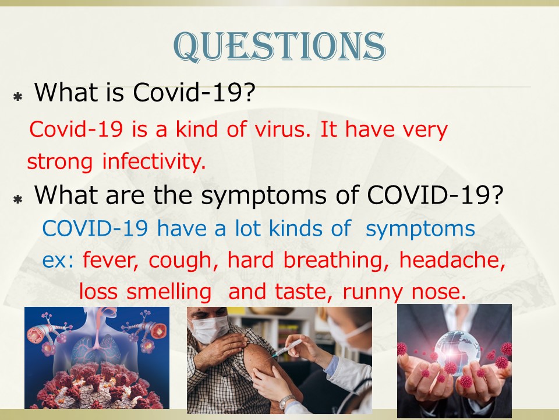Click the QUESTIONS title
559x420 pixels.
click(x=279, y=46)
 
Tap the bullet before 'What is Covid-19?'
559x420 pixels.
click(x=18, y=96)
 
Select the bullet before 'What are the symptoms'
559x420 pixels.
click(x=18, y=199)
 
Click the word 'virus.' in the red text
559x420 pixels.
click(x=282, y=129)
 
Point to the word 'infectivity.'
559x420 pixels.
click(x=154, y=161)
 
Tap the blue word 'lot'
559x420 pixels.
click(x=247, y=228)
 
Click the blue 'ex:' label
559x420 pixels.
click(x=58, y=260)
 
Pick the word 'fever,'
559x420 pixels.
click(x=111, y=260)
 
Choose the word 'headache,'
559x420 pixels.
click(x=452, y=260)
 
